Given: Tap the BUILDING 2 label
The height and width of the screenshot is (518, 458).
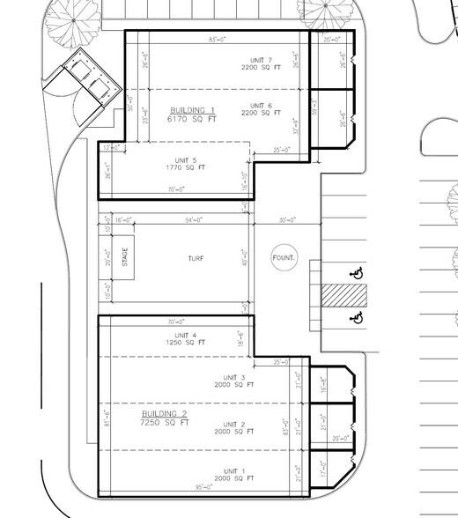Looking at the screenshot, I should pyautogui.click(x=165, y=413).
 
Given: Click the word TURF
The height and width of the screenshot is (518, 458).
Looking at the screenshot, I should pyautogui.click(x=196, y=259).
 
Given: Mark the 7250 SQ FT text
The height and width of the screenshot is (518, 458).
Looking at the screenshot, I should pyautogui.click(x=165, y=423).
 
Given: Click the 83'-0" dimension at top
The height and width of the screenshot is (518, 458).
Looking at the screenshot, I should pyautogui.click(x=218, y=40).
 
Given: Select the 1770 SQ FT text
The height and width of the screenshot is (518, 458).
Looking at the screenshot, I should pyautogui.click(x=186, y=167).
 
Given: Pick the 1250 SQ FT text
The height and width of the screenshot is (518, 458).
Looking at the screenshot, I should pyautogui.click(x=186, y=342).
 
